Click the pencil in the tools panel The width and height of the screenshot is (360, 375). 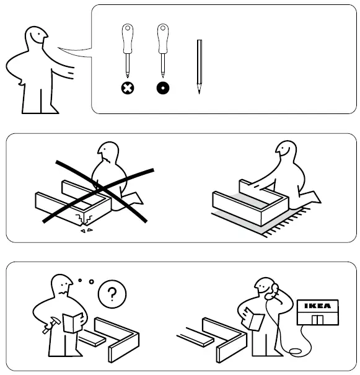200,66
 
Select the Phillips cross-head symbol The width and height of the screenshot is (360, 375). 127,88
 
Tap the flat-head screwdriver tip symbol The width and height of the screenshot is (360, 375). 162,88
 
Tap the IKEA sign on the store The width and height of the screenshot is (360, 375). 319,306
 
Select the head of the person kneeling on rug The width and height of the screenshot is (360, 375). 288,152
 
